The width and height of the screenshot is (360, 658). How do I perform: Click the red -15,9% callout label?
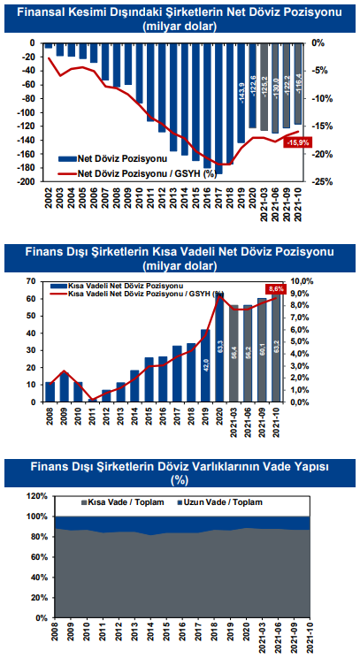[298, 142]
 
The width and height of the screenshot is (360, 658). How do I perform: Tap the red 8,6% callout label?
[275, 289]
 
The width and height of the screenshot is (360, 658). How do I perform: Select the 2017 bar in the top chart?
[219, 108]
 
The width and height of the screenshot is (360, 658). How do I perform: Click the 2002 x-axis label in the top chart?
[49, 195]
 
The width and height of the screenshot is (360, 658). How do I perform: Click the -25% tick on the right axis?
[322, 181]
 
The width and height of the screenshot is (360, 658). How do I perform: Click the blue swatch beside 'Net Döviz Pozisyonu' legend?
[66, 158]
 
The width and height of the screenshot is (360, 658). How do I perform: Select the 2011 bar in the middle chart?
[93, 401]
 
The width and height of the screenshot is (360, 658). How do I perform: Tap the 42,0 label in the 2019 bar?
[206, 362]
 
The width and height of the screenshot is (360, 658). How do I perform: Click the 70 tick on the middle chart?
[32, 280]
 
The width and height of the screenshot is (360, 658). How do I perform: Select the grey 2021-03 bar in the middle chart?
[234, 354]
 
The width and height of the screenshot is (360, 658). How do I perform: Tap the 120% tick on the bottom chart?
[38, 496]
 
